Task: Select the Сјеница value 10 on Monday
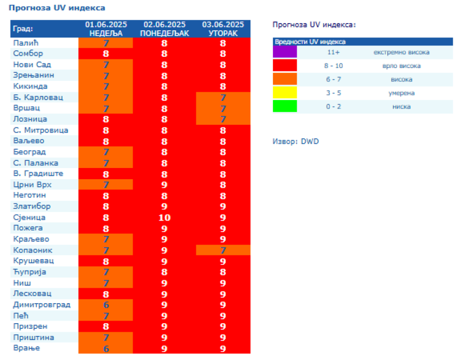pos(164,217)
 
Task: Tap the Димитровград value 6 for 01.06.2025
pos(106,305)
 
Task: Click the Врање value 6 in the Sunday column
pos(106,348)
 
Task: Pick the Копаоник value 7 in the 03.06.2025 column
pos(223,250)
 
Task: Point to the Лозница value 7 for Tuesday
pos(223,119)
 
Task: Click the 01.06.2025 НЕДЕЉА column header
pos(106,29)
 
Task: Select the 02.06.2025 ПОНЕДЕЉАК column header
pos(164,29)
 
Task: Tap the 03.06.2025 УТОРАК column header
pos(223,29)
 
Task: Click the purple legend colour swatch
pos(285,52)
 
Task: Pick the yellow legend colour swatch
pos(285,93)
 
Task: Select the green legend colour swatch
pos(285,107)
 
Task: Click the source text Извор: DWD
pos(296,141)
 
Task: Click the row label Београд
pos(29,152)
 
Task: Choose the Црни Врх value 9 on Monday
pos(164,184)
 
